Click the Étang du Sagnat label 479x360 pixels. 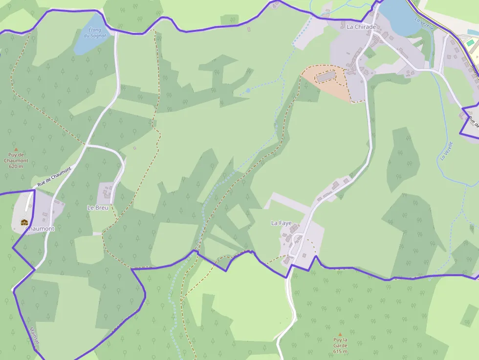(95, 33)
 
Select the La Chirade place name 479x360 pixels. (361, 27)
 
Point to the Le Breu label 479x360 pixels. (97, 207)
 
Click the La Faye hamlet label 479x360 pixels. (281, 223)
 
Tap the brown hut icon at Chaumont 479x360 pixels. (24, 222)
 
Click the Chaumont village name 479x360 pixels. (40, 229)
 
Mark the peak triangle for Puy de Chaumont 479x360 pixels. (16, 149)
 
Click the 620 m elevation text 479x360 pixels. (16, 166)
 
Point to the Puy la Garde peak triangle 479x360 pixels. (340, 334)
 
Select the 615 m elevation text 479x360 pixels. (340, 351)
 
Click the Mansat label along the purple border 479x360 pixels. (33, 336)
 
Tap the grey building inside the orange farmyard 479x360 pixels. (326, 76)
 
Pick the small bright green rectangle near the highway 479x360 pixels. (470, 43)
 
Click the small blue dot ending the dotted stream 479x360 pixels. (248, 90)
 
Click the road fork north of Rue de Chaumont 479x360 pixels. (86, 145)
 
